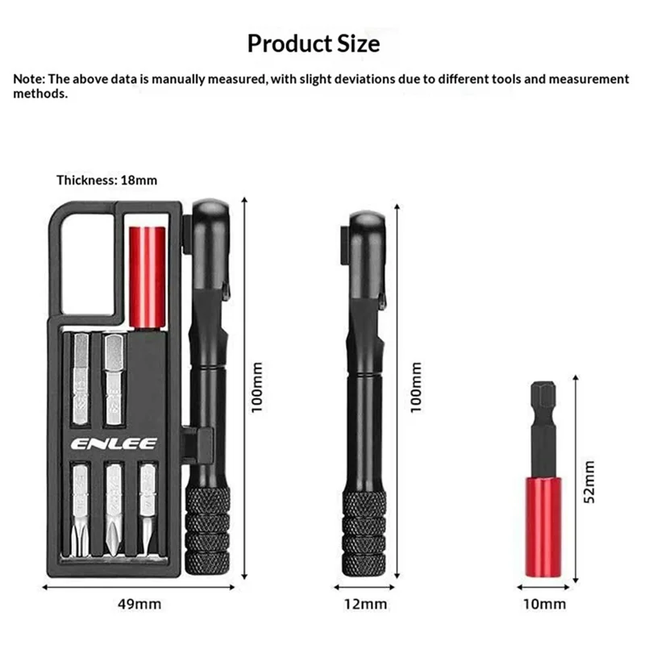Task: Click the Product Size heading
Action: [x=313, y=42]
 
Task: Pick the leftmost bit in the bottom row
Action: [x=83, y=508]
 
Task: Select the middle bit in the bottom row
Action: [x=114, y=508]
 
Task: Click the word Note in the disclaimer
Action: [x=28, y=79]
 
